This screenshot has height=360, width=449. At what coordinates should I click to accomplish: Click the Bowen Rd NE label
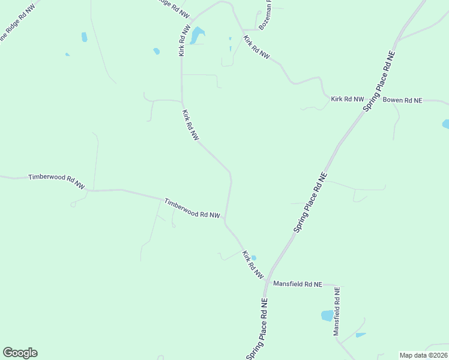[403, 100]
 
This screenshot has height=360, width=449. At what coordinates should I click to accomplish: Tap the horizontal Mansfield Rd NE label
[298, 284]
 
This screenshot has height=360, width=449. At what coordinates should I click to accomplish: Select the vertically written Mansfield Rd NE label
[337, 311]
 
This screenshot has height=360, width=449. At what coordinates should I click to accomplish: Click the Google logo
[20, 353]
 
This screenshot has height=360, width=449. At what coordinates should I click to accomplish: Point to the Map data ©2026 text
[423, 355]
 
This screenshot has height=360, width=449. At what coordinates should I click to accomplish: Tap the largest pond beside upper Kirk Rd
[197, 35]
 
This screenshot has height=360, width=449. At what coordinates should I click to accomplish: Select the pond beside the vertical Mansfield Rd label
[327, 315]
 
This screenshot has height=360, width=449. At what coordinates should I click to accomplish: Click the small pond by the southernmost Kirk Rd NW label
[254, 257]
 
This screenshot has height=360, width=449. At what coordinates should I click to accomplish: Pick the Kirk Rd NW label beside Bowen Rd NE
[348, 99]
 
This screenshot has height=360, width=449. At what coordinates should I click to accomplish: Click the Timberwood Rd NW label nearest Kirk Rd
[192, 208]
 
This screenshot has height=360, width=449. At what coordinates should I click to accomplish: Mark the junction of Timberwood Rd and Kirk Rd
[225, 220]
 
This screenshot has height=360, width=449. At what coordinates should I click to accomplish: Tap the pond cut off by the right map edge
[445, 124]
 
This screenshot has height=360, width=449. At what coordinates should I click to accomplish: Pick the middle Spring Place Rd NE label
[311, 203]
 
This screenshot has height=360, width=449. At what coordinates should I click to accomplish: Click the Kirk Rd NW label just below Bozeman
[257, 47]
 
